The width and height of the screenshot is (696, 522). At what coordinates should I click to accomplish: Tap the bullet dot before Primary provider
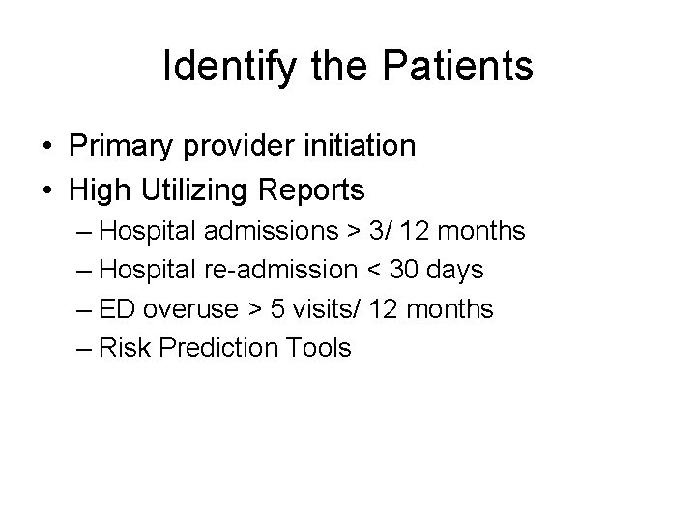[x=46, y=147]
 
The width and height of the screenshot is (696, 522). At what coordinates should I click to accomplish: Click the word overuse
[x=189, y=309]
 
